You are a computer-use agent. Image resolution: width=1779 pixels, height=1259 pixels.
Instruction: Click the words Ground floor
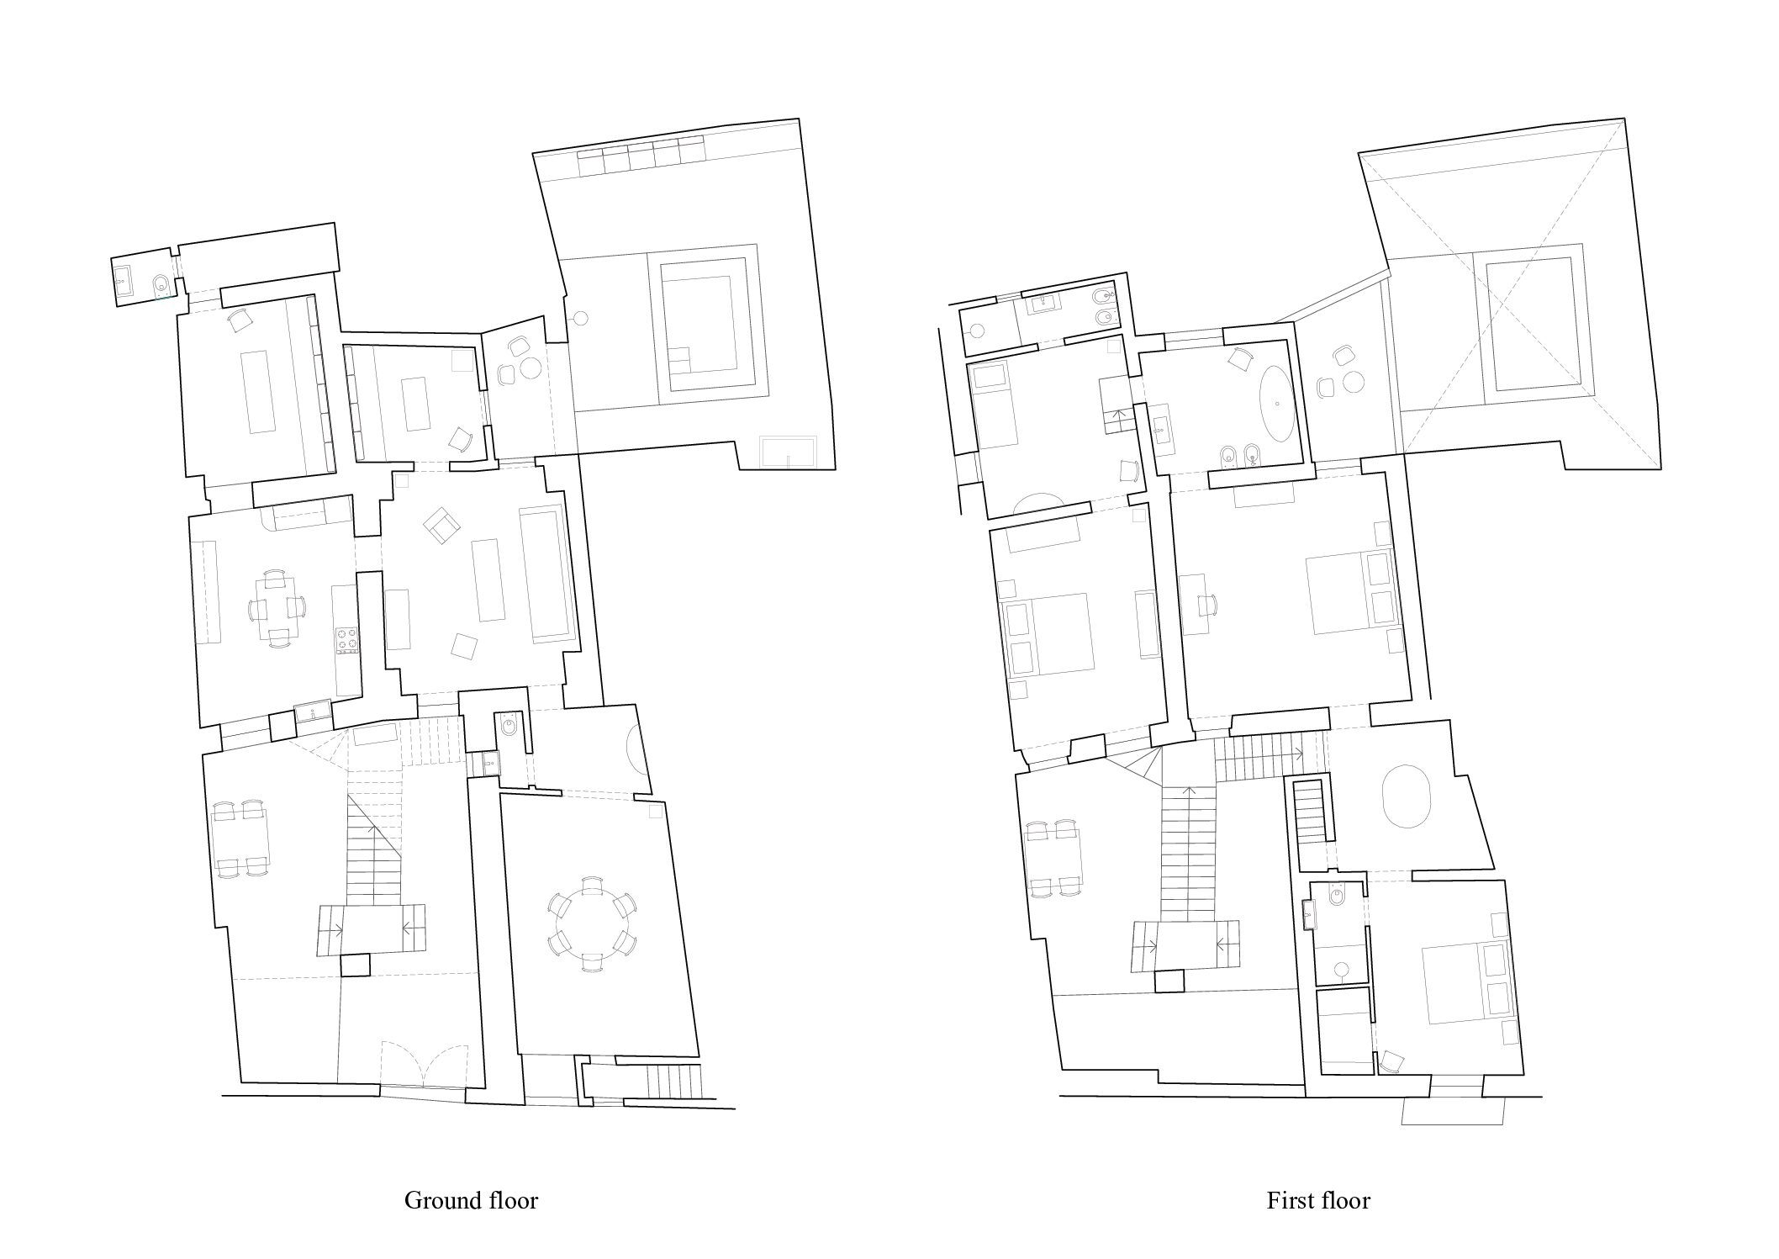coord(471,1199)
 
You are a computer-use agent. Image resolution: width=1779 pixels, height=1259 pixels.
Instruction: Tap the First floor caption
coord(1318,1199)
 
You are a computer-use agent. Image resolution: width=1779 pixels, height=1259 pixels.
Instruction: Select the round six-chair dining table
coord(591,924)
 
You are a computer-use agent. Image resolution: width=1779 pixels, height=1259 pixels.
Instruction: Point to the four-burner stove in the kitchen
coord(346,639)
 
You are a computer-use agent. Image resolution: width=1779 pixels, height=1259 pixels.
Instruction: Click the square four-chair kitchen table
coord(277,608)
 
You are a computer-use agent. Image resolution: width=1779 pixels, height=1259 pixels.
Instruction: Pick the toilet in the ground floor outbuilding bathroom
coord(161,286)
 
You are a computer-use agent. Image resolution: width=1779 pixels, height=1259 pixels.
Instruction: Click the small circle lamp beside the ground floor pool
coord(580,317)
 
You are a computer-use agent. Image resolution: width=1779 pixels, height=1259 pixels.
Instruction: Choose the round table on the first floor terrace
coord(1352,382)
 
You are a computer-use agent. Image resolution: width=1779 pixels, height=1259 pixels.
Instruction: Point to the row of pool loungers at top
coord(641,156)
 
